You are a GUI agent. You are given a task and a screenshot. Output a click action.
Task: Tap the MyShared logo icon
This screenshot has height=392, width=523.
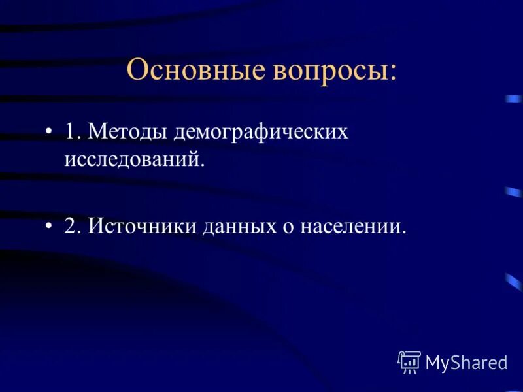(409, 361)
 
